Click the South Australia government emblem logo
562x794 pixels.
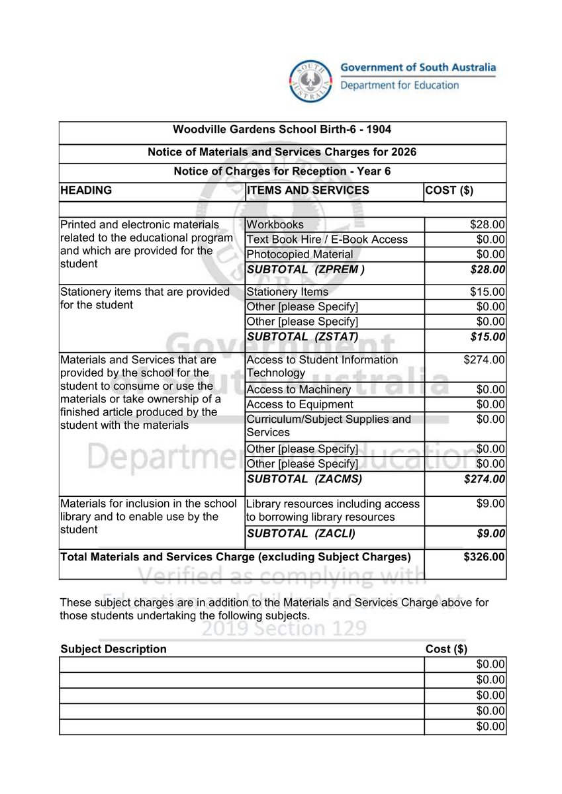pyautogui.click(x=309, y=81)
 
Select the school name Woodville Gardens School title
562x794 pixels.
pyautogui.click(x=282, y=130)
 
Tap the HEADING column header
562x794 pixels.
pyautogui.click(x=86, y=191)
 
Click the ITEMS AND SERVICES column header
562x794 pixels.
pyautogui.click(x=308, y=191)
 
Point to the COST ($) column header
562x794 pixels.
pyautogui.click(x=449, y=191)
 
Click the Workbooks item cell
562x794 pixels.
pyautogui.click(x=275, y=225)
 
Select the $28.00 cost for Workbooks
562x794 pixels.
pyautogui.click(x=488, y=225)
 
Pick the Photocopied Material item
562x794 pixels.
pyautogui.click(x=299, y=254)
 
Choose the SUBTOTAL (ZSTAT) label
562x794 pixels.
pyautogui.click(x=303, y=337)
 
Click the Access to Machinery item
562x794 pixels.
pyautogui.click(x=299, y=390)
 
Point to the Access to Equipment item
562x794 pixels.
pyautogui.click(x=300, y=404)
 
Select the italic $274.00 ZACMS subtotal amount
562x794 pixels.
pyautogui.click(x=485, y=479)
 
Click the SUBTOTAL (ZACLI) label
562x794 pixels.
pyautogui.click(x=301, y=533)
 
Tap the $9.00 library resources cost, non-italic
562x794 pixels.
pyautogui.click(x=491, y=504)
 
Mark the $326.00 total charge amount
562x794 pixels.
pyautogui.click(x=485, y=557)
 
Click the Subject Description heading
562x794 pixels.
pyautogui.click(x=113, y=649)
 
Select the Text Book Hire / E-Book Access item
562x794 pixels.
pyautogui.click(x=327, y=240)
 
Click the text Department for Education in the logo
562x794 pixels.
pyautogui.click(x=399, y=85)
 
